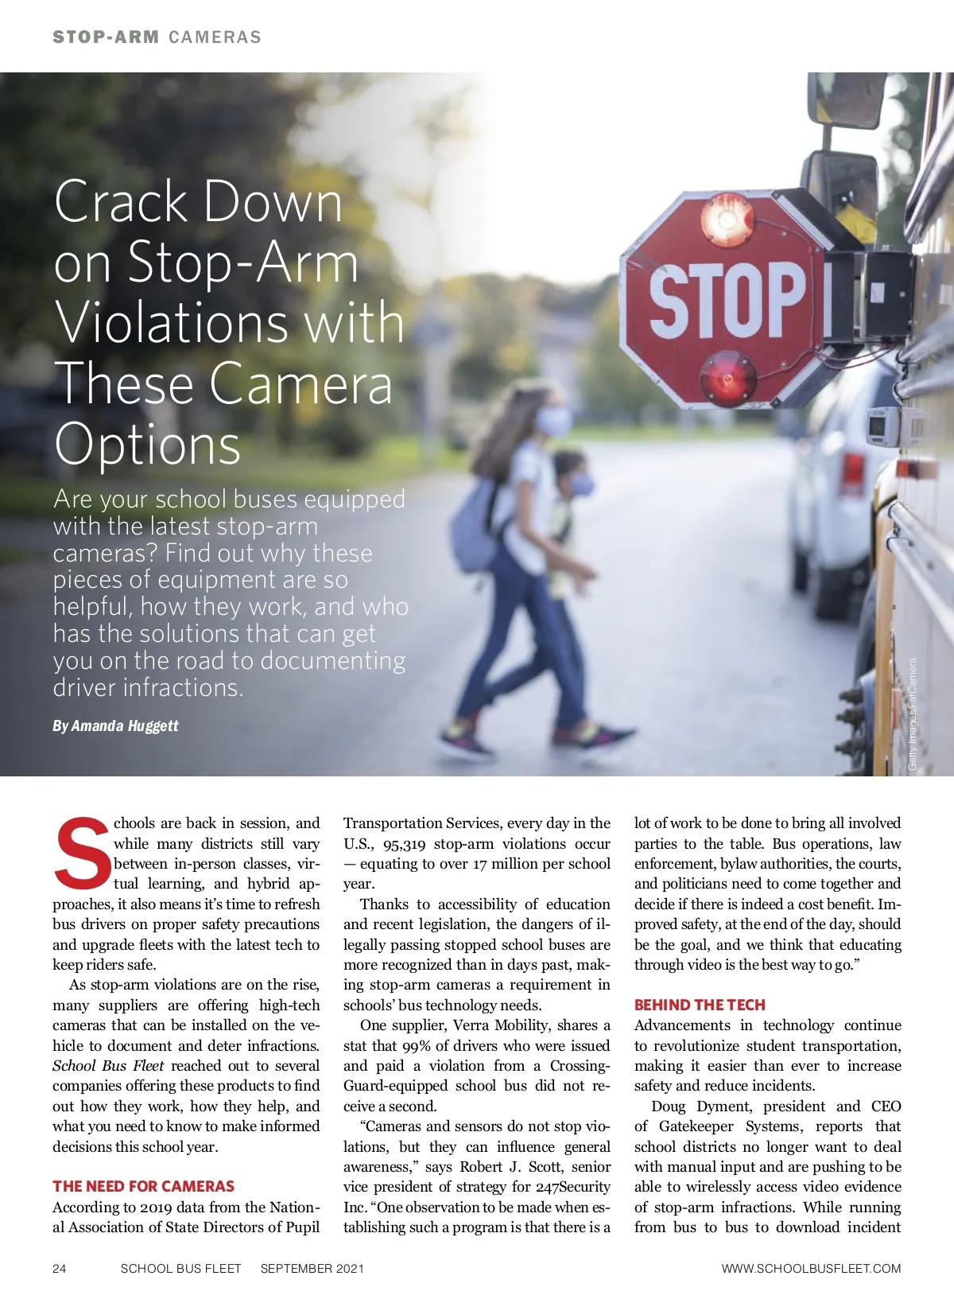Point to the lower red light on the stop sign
728,375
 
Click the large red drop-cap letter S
81,854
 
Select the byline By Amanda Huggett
115,725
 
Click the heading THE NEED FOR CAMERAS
143,1186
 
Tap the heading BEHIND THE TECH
700,1005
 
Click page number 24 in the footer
60,1269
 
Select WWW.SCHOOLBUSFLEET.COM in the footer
811,1269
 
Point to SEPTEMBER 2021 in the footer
312,1269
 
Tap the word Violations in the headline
169,322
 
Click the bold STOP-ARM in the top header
106,37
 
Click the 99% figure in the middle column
416,1045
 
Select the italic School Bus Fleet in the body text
108,1066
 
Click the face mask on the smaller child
583,484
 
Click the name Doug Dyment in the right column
700,1106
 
